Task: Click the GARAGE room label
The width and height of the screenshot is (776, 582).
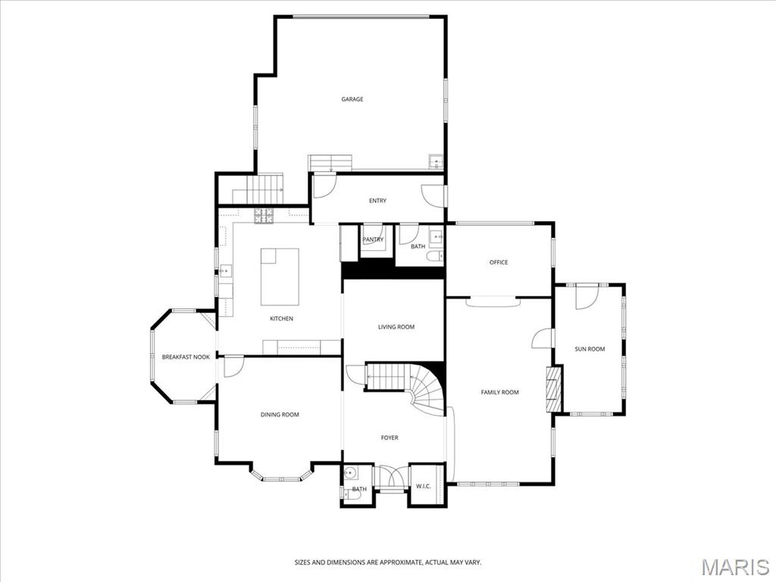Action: coord(352,99)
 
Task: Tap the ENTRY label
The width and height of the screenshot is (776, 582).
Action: coord(377,201)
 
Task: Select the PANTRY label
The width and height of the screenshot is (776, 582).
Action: coord(373,239)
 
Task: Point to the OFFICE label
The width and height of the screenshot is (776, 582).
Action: coord(499,262)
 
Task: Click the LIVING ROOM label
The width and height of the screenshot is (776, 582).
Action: coord(396,327)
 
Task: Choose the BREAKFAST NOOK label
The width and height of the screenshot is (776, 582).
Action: coord(186,357)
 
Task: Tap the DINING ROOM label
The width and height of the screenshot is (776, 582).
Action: coord(280,415)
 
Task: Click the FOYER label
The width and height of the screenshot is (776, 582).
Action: coord(389,437)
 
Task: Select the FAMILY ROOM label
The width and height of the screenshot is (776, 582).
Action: coord(499,392)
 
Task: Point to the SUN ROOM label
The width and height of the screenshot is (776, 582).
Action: coord(590,349)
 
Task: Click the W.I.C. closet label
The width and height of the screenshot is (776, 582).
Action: coord(423,487)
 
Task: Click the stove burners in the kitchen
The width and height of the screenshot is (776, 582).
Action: coord(264,216)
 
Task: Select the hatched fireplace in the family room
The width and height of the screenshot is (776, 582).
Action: coord(554,389)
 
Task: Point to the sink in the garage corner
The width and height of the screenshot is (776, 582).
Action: coord(436,162)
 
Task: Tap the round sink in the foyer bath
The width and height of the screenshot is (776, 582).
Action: coord(349,474)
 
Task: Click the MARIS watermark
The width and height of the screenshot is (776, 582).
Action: coord(734,567)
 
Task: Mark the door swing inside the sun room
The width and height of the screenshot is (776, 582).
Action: coord(586,297)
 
